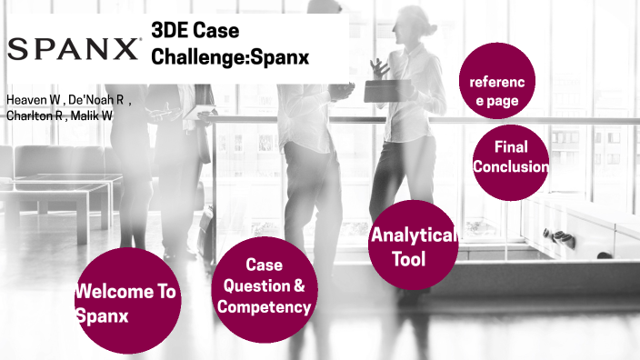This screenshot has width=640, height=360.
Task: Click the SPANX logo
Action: (75, 47)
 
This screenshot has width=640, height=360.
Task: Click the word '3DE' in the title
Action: (173, 31)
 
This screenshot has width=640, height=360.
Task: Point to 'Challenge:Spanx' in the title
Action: (230, 57)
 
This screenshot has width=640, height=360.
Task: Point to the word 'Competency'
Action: (264, 306)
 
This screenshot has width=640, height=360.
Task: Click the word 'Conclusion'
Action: (510, 167)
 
